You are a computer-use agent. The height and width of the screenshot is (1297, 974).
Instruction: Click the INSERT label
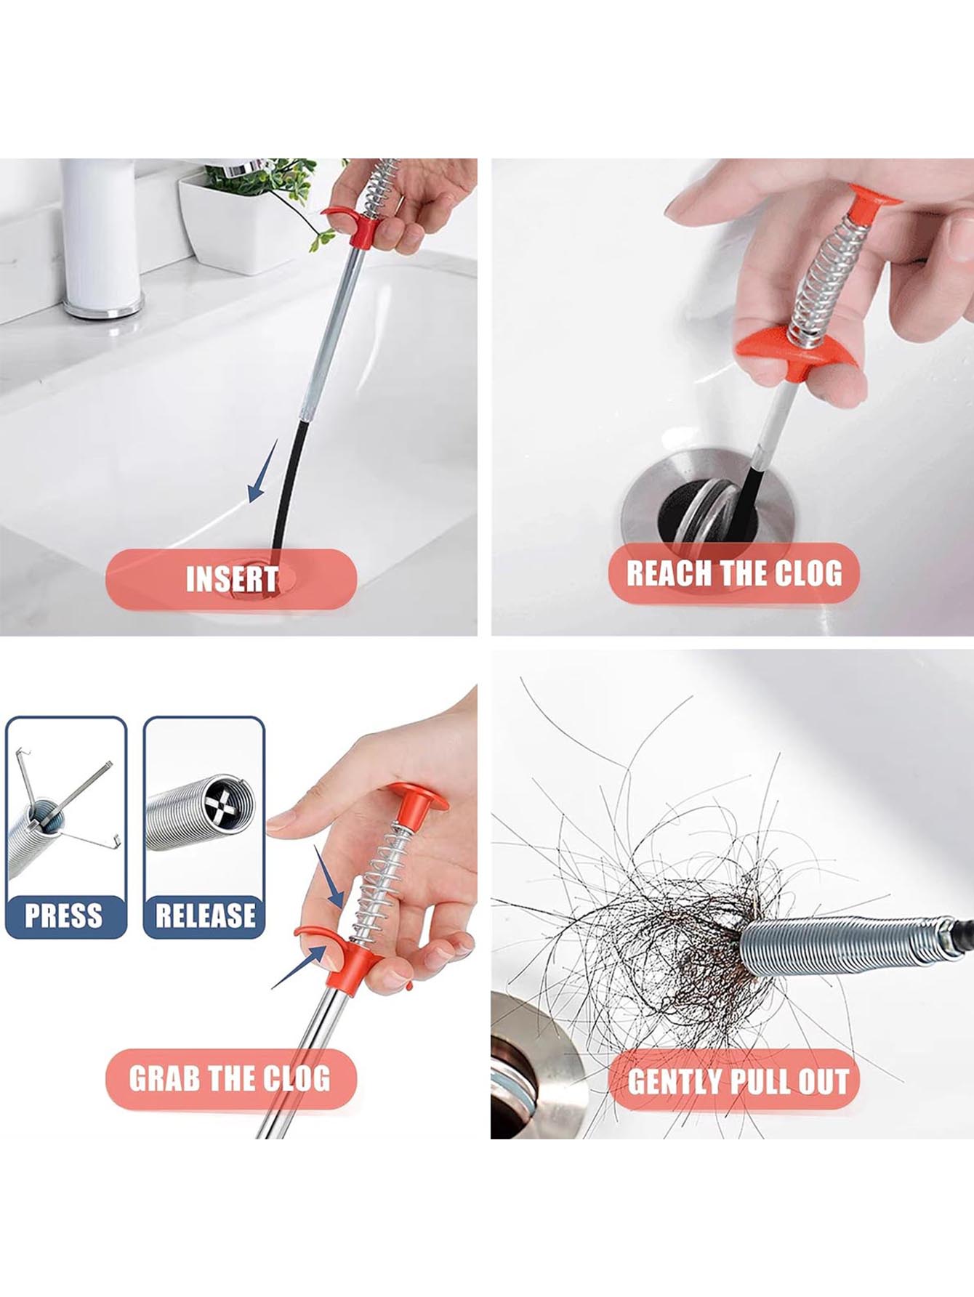point(232,579)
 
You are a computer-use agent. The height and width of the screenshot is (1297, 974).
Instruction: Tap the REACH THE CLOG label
point(734,573)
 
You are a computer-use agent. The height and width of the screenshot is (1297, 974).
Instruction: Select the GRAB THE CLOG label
point(230,1078)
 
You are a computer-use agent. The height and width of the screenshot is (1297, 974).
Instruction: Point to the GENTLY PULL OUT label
point(738,1081)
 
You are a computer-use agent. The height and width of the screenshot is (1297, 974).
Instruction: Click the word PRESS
point(64,915)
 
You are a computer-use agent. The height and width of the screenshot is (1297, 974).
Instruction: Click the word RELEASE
point(205,915)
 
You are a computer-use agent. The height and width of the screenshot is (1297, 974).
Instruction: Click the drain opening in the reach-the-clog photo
point(709,509)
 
